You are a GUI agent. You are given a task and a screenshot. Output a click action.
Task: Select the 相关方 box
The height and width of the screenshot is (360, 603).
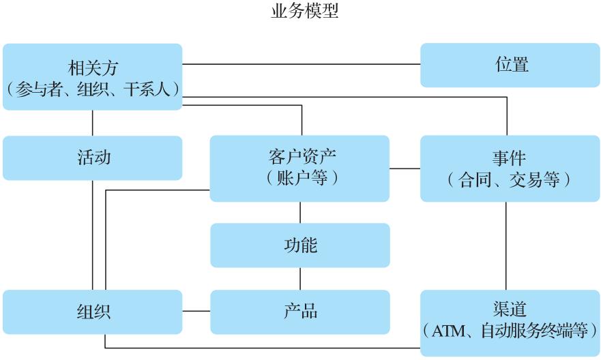(x=93, y=76)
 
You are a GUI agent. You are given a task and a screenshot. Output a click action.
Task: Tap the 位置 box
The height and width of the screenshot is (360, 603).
(x=511, y=65)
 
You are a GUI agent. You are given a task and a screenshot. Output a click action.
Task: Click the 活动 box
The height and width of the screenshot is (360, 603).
(x=93, y=158)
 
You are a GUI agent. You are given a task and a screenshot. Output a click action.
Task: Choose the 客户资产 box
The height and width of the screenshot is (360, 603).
(x=299, y=168)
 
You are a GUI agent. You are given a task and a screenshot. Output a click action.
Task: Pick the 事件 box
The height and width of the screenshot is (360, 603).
(x=510, y=168)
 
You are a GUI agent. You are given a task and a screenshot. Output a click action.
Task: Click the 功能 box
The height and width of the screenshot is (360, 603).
(x=299, y=245)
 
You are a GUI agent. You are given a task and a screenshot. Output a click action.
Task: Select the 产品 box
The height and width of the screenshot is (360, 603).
(x=299, y=312)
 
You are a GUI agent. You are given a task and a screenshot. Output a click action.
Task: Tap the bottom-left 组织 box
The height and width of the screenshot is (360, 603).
(x=93, y=312)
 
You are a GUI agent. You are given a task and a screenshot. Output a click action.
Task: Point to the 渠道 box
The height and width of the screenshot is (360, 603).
(x=510, y=322)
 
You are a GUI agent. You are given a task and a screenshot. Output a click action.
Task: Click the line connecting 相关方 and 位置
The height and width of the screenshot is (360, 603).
(x=301, y=65)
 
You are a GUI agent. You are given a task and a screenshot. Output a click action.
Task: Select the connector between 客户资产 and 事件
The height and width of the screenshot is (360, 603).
(x=405, y=168)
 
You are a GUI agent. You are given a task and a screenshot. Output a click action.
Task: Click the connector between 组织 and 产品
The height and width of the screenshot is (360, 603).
(x=196, y=312)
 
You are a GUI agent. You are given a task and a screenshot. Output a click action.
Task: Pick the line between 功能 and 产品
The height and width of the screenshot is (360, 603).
(x=299, y=278)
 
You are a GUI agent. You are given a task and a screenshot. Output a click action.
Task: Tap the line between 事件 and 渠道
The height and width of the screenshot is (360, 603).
(x=505, y=245)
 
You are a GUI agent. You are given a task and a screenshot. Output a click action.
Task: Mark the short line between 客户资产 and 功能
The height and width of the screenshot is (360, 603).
(x=299, y=212)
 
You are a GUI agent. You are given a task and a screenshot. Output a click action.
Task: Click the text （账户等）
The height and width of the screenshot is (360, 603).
(x=299, y=179)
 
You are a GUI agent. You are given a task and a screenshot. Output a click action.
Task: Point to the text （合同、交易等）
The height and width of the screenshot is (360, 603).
(x=510, y=180)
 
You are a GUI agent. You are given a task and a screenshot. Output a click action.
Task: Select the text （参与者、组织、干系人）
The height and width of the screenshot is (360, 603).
(x=93, y=88)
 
